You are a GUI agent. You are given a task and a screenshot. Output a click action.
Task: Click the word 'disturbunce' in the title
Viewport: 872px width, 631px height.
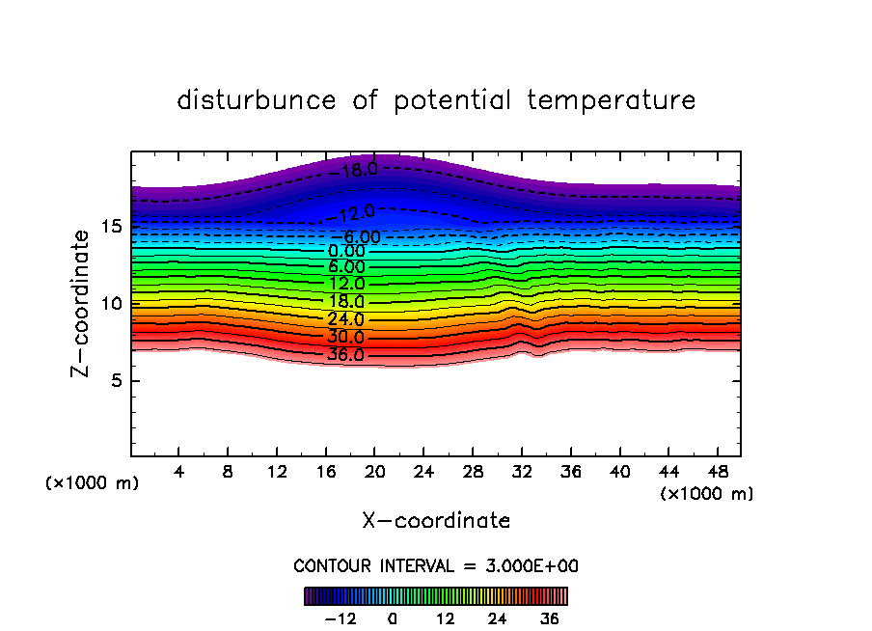point(257,100)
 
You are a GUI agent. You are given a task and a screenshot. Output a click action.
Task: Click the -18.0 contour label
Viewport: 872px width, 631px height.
point(357,171)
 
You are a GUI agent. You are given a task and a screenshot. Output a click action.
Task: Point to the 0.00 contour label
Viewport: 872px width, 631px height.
point(347,251)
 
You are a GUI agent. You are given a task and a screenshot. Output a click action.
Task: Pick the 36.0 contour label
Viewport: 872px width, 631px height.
point(346,354)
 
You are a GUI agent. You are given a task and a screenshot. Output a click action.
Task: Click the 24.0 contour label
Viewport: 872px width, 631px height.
point(346,319)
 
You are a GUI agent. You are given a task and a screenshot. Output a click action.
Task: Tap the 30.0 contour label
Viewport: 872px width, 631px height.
point(346,337)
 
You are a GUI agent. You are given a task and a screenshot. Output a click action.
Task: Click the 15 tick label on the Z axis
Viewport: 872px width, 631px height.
point(111,227)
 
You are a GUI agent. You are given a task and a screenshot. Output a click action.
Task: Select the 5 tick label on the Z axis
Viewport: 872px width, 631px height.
point(117,380)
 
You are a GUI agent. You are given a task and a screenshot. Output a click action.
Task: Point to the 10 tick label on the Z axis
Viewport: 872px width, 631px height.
point(111,304)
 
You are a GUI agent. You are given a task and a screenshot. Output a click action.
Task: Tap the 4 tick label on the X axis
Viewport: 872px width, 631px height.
point(179,472)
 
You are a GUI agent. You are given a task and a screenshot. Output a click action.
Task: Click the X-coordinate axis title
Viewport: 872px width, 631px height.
point(436,521)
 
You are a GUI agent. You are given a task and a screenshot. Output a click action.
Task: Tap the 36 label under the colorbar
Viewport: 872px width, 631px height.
point(551,618)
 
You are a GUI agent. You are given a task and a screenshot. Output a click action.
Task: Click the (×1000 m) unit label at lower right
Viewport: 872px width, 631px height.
point(707,493)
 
